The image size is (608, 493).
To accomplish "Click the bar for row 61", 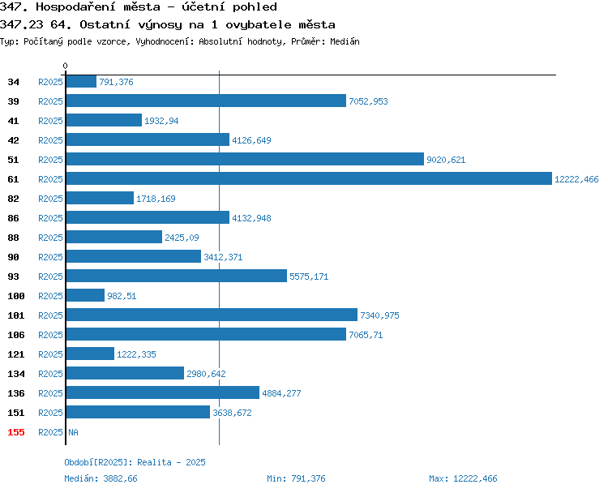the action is pos(309,178).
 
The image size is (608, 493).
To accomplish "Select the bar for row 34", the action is pos(81,81).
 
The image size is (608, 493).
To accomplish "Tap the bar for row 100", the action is pos(85,295).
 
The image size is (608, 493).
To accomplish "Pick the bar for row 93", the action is pos(177,276).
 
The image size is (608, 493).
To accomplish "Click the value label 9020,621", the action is pos(446,160).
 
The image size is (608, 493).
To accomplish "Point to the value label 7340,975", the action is pos(379,315).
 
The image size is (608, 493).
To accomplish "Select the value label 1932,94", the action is pos(161,121).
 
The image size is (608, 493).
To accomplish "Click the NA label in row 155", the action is pos(73,432).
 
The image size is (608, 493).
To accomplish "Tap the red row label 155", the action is pos(16,432).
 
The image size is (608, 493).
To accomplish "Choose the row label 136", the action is pos(16,393).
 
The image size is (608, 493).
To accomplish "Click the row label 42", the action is pos(13,140).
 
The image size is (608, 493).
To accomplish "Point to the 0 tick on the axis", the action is pos(65,66).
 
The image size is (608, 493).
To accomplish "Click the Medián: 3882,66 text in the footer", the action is pos(101,478).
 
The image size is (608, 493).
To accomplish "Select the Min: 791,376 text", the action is pos(296,478).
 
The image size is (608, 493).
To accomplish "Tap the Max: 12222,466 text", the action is pos(463,478).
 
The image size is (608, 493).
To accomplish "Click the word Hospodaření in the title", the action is pos(75,7).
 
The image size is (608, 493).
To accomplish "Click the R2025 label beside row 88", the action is pos(50,238).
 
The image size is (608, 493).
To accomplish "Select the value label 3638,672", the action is pos(233,413).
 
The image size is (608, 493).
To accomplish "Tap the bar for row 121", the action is pos(90,354).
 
